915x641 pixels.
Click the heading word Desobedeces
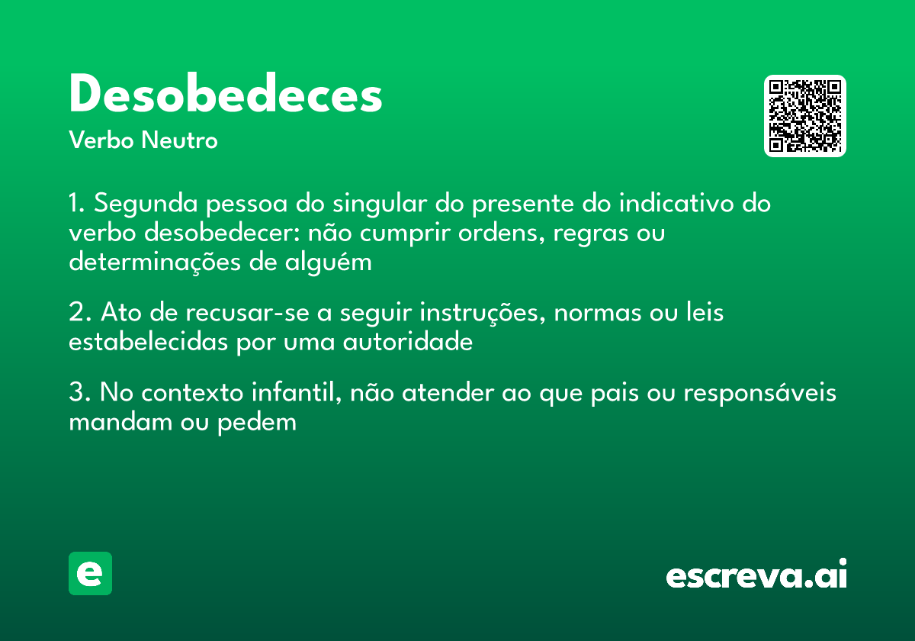coord(225,95)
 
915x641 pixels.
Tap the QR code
coord(804,116)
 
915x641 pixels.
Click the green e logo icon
coord(90,573)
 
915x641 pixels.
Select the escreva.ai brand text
coord(756,575)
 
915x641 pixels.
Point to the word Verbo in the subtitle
coord(101,140)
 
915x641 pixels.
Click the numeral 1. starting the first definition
coord(78,205)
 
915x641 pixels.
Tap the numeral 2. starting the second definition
coord(79,313)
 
